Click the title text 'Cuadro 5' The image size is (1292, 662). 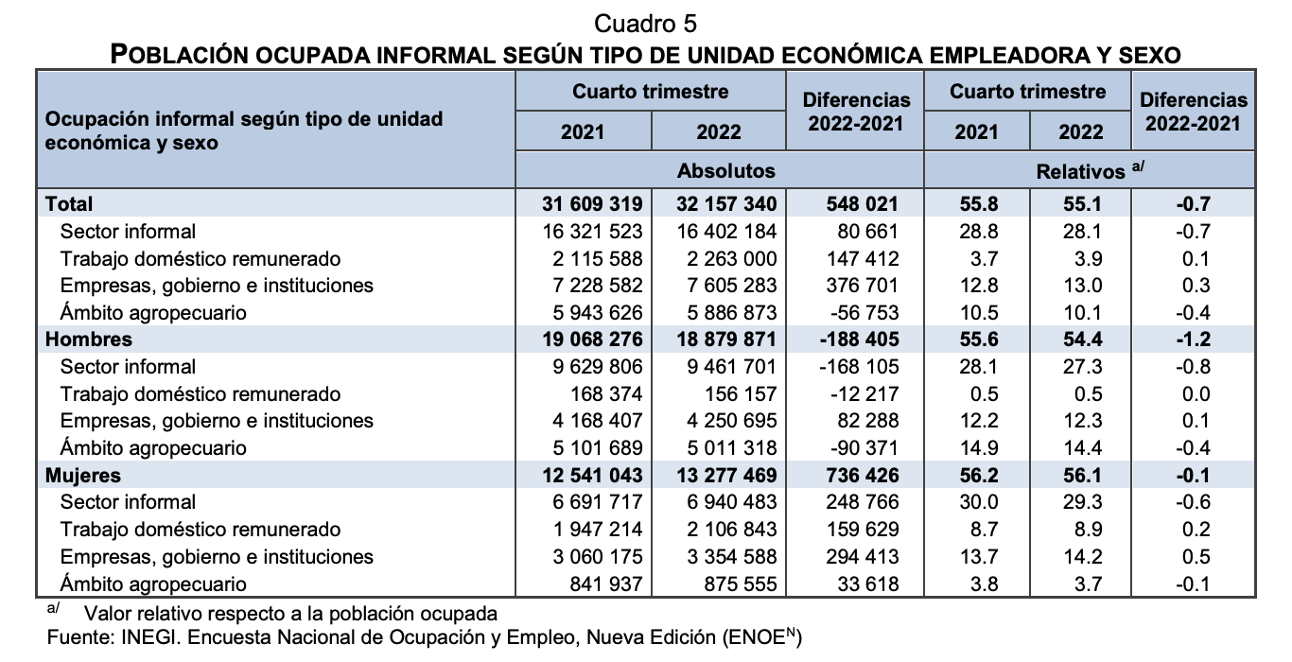(x=646, y=22)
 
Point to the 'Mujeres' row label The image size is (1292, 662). (x=84, y=475)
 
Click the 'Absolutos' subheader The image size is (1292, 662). (x=725, y=171)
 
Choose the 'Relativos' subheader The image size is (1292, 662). (x=1082, y=171)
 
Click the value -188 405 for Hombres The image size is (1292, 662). (x=855, y=340)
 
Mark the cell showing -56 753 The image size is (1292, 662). (x=860, y=312)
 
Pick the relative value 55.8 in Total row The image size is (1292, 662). (x=976, y=204)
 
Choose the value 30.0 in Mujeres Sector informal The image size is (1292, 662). (x=976, y=502)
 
